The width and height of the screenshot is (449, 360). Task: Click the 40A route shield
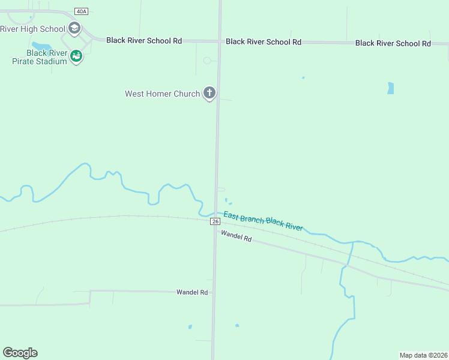tap(81, 11)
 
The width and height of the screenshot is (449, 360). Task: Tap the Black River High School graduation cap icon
tap(74, 28)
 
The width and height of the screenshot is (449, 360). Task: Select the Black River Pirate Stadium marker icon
tap(76, 56)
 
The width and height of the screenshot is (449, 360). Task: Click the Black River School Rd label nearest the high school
tap(144, 40)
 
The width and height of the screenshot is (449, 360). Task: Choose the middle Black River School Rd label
tap(264, 41)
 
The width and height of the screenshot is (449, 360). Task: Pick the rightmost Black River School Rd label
tap(393, 43)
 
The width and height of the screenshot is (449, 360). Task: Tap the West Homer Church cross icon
tap(209, 93)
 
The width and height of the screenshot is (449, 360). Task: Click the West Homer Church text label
tap(161, 94)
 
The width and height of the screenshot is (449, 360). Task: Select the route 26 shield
tap(215, 221)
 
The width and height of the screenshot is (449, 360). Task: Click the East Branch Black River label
tap(263, 221)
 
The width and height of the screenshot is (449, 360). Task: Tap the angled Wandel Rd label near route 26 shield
tap(235, 236)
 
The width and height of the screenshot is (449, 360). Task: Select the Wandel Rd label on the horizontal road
tap(191, 292)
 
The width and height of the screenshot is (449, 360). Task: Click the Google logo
tap(20, 352)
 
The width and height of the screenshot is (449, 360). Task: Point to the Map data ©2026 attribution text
tap(423, 355)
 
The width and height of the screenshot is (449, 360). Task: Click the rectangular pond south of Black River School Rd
tap(391, 88)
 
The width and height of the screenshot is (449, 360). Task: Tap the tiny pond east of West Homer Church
tap(303, 77)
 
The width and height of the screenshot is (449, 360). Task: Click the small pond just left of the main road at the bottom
tap(190, 327)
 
